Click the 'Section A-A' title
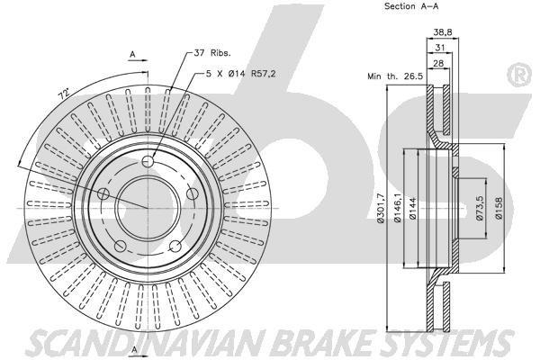click(411, 6)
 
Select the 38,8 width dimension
click(443, 32)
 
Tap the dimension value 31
click(440, 48)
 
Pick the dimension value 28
click(438, 63)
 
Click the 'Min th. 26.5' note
click(395, 76)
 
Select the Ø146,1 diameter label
click(398, 208)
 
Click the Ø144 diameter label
click(413, 208)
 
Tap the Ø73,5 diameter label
click(481, 208)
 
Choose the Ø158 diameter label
click(499, 208)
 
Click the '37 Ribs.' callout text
click(212, 53)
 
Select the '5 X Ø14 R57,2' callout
click(240, 74)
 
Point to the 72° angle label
click(64, 94)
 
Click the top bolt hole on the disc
click(148, 161)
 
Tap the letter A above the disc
click(132, 54)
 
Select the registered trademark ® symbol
click(520, 75)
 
